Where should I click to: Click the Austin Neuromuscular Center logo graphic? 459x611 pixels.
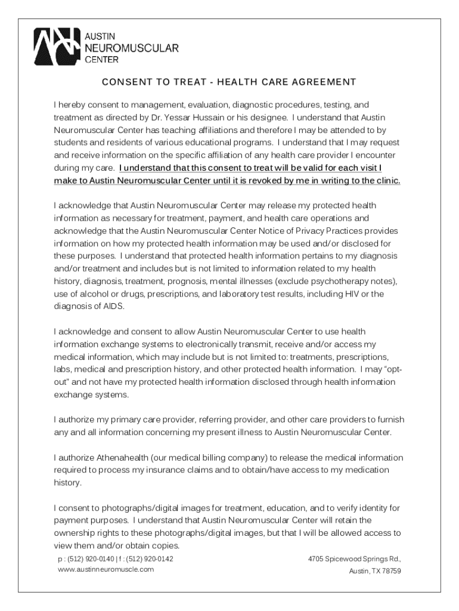pos(57,47)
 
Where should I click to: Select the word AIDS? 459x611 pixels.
pos(113,307)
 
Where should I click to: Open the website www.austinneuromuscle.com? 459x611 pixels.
pos(106,569)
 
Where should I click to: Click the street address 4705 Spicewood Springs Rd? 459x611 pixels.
pos(354,559)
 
